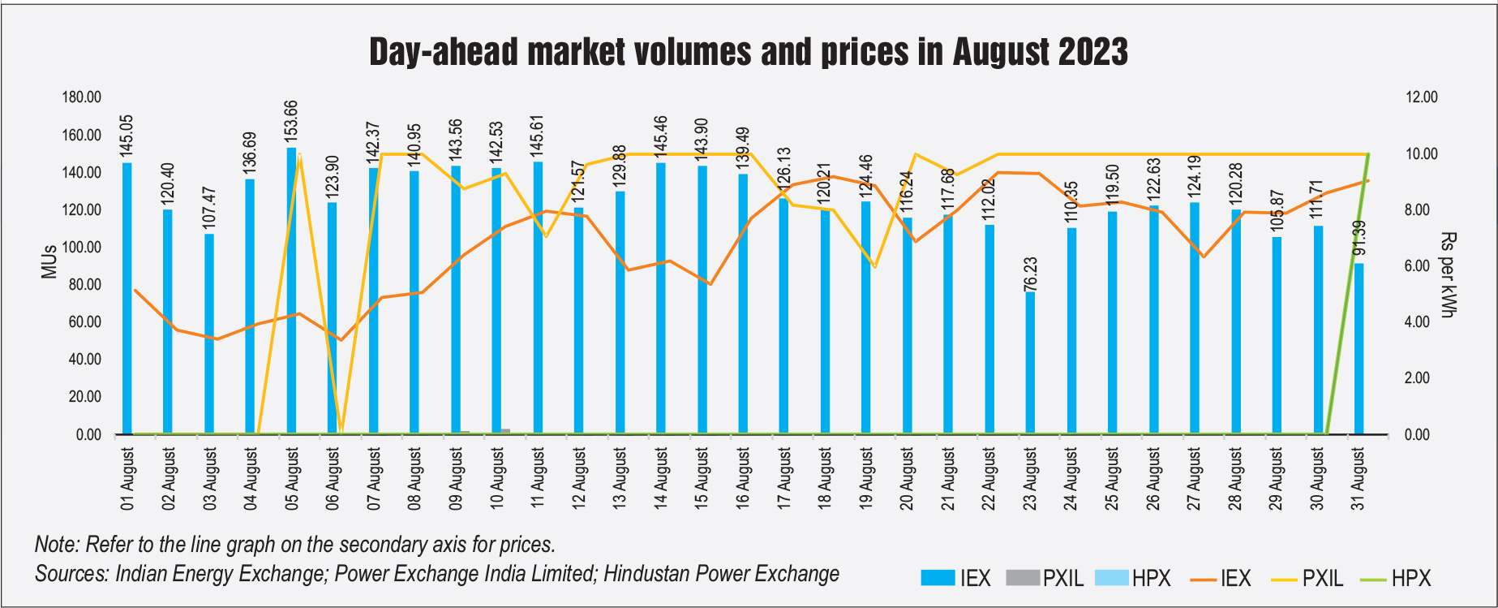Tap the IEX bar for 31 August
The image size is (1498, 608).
tap(1359, 348)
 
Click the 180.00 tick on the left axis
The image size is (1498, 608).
tap(82, 97)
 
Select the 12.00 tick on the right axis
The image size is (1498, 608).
tap(1421, 97)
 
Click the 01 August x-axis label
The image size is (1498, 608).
tap(127, 479)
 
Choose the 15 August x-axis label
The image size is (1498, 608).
tap(702, 479)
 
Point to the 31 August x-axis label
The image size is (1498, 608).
tap(1359, 479)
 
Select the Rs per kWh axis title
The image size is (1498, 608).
tap(1449, 274)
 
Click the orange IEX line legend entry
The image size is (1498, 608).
tap(1221, 579)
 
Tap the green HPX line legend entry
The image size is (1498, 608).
tap(1394, 579)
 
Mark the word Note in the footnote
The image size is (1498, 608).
tap(55, 544)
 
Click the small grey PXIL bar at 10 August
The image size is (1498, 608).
tap(505, 431)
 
